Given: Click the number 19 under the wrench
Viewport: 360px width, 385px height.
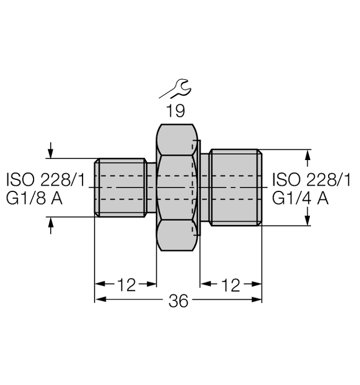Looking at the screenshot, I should point(176,110).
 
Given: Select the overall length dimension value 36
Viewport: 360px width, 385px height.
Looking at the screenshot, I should point(178,302).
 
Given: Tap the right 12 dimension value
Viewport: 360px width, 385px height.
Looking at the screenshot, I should point(231,285).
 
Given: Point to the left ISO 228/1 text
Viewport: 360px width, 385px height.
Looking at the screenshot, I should point(46,181).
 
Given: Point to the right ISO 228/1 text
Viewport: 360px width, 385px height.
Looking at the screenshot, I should point(312,181).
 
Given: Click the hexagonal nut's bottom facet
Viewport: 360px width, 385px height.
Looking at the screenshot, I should point(177,236).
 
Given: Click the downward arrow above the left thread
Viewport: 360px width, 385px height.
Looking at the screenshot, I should point(51,151).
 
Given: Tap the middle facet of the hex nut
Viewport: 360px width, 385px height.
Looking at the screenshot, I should point(177,187).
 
